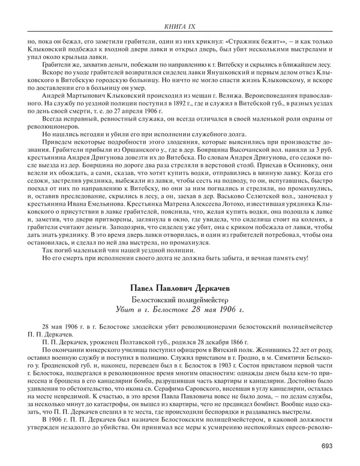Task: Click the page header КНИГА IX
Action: [179, 25]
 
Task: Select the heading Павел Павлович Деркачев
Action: [179, 288]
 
